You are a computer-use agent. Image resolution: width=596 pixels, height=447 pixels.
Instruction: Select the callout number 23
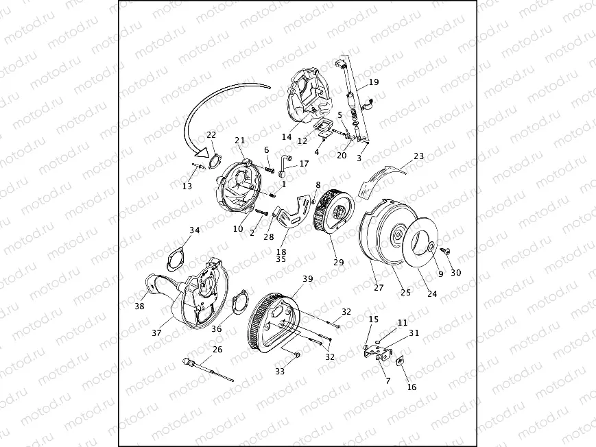418,156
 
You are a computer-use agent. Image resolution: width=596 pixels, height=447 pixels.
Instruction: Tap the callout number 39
307,278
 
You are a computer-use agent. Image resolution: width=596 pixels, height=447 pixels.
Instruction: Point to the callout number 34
195,230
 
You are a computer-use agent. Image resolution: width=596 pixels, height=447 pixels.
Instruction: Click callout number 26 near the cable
217,350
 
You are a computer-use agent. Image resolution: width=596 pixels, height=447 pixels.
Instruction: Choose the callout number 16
412,387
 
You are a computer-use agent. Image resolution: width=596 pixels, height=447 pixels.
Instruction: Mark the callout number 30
456,272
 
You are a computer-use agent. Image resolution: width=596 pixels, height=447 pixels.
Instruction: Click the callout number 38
139,306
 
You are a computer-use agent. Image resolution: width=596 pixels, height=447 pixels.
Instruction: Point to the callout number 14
287,136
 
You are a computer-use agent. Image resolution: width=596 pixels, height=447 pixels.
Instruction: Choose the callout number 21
239,141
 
